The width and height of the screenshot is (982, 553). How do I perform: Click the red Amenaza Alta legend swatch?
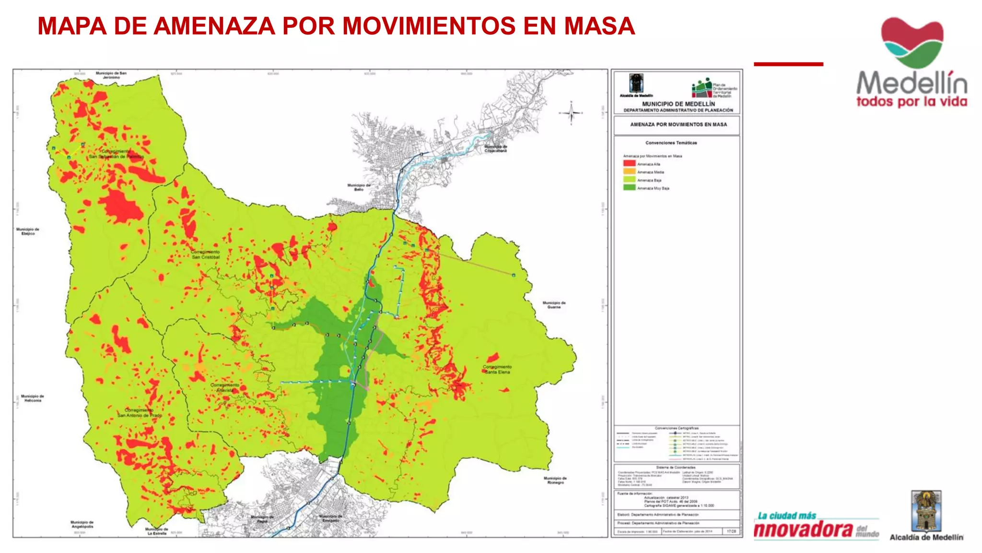pyautogui.click(x=629, y=163)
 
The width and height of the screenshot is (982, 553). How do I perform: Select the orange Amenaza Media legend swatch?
pyautogui.click(x=629, y=171)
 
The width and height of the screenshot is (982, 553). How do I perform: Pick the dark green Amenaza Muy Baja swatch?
pyautogui.click(x=629, y=188)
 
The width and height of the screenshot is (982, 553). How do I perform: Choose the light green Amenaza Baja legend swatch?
pyautogui.click(x=629, y=180)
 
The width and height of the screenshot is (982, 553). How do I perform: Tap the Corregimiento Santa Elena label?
pyautogui.click(x=497, y=369)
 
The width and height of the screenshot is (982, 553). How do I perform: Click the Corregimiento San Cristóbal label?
pyautogui.click(x=205, y=254)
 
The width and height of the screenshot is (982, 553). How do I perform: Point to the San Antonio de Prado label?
pyautogui.click(x=140, y=413)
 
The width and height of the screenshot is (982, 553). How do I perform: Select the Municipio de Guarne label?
pyautogui.click(x=554, y=305)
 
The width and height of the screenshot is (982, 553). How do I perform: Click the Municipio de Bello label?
pyautogui.click(x=359, y=187)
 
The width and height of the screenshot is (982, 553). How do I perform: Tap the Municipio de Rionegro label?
pyautogui.click(x=555, y=480)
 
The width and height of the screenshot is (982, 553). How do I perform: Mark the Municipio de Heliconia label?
pyautogui.click(x=33, y=398)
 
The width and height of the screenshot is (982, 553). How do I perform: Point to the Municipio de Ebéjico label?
pyautogui.click(x=28, y=231)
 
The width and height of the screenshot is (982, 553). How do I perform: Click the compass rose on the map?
pyautogui.click(x=571, y=113)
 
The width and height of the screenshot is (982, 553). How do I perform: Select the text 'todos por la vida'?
pyautogui.click(x=912, y=102)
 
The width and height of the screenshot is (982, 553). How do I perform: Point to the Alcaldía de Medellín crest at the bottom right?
pyautogui.click(x=926, y=511)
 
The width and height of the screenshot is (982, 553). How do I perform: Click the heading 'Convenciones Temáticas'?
pyautogui.click(x=671, y=143)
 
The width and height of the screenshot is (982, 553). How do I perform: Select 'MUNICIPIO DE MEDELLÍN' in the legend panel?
pyautogui.click(x=678, y=104)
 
